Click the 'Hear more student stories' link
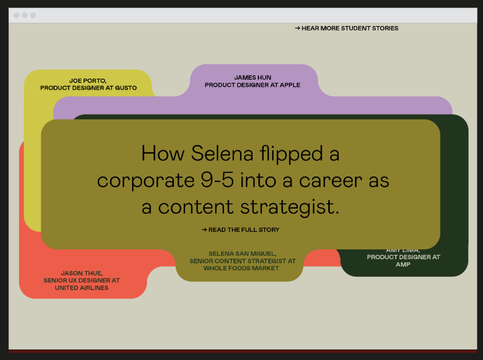tap(347, 29)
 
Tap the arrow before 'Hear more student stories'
tap(297, 29)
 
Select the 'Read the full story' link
tap(240, 230)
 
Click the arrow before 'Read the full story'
tap(204, 230)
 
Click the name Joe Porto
tap(88, 81)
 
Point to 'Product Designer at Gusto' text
tap(88, 88)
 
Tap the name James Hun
tap(253, 77)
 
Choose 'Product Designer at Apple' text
tap(253, 85)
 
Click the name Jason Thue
tap(81, 273)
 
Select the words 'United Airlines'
tap(81, 288)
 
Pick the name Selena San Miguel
tap(243, 254)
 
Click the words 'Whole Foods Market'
tap(241, 269)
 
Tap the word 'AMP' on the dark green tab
tap(403, 264)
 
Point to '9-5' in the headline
tap(217, 180)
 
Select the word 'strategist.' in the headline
tap(290, 207)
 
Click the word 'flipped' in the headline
tap(291, 153)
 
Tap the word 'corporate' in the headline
tap(145, 181)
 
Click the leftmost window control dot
tap(17, 15)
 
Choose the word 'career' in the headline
tap(331, 181)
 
